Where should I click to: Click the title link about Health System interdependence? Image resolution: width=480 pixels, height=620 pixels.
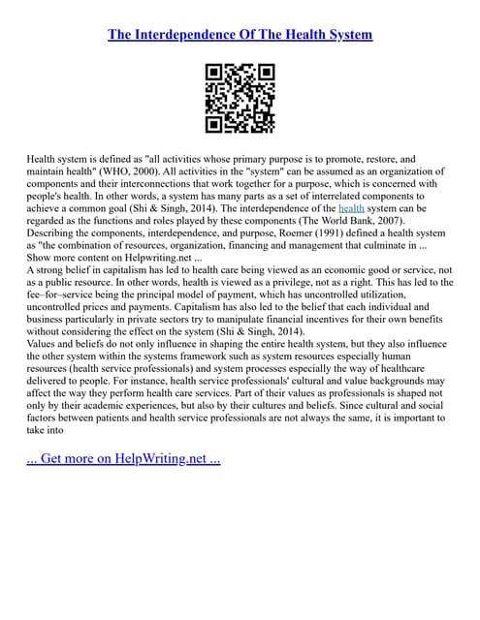point(240,35)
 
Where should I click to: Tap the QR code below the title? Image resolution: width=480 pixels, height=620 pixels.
point(240,98)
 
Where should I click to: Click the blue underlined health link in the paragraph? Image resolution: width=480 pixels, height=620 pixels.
point(351,207)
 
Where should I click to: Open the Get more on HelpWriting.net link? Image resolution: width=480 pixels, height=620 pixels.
point(124,457)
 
